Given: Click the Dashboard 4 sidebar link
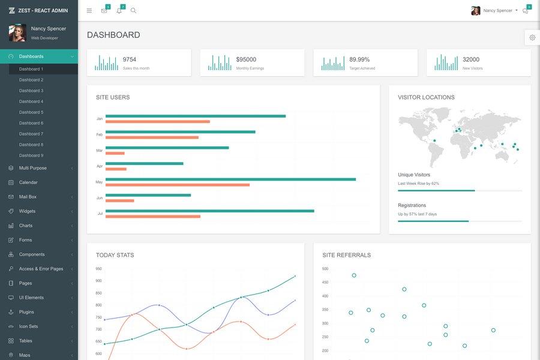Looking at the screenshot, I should [31, 101].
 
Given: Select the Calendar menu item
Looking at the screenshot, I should [28, 182].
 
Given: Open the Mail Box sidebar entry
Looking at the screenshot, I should [28, 197].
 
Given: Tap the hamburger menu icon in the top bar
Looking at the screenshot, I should [89, 11].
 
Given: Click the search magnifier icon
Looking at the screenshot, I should [133, 11].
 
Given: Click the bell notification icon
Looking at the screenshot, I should [119, 11].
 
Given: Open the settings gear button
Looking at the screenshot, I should [532, 38].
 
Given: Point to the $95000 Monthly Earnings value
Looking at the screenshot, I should [246, 59].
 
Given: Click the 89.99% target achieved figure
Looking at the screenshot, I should [359, 59].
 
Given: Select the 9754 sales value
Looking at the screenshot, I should [130, 59].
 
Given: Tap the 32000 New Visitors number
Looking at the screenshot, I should [471, 59].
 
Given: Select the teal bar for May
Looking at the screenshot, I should [230, 179].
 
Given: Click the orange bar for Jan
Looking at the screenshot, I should [158, 122].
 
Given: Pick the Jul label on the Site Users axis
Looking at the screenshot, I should [100, 214].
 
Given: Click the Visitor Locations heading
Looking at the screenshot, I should [426, 97].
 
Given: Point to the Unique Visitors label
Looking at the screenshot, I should [414, 175].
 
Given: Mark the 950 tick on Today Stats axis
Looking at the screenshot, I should [98, 269].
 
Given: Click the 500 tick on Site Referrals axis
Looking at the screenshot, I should [325, 269].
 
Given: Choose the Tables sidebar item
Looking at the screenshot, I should [26, 341].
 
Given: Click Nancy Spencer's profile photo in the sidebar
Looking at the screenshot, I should [17, 33].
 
